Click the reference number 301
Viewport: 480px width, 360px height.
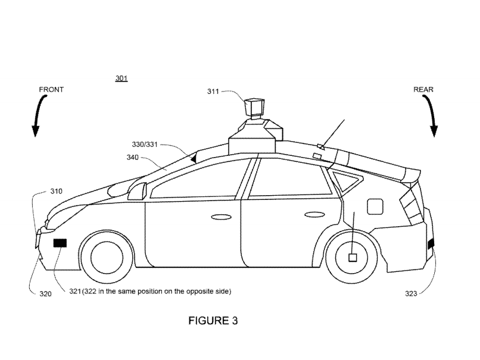click(x=121, y=79)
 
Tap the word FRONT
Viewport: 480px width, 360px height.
click(x=51, y=89)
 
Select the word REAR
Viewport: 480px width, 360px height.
click(x=423, y=89)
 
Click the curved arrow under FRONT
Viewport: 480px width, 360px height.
click(x=38, y=116)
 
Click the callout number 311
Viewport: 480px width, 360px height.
click(x=213, y=92)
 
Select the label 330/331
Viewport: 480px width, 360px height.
click(x=144, y=144)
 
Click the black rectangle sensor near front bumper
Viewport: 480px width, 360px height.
click(x=60, y=243)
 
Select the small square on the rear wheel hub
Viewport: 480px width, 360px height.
click(x=352, y=257)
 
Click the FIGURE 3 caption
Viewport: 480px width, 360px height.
click(x=213, y=321)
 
